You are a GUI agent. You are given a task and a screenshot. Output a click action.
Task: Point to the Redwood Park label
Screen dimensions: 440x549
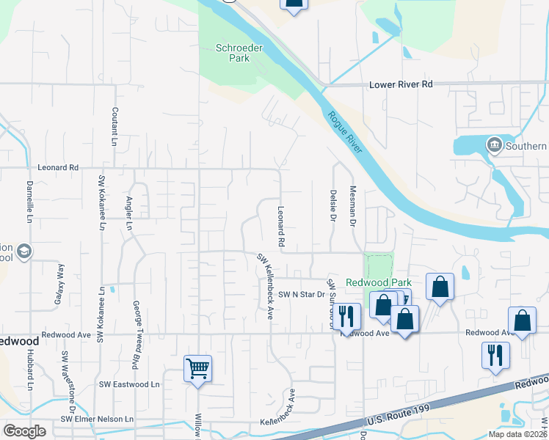[379, 282]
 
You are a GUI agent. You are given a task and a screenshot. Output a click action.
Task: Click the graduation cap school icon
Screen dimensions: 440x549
[24, 252]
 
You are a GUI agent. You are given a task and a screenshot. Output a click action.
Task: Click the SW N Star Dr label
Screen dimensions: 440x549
[301, 294]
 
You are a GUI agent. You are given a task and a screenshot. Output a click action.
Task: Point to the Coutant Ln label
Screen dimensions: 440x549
[114, 125]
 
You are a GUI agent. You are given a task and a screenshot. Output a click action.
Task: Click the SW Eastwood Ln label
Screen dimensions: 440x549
[129, 384]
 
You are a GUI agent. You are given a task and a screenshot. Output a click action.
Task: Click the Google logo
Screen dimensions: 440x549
[24, 431]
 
